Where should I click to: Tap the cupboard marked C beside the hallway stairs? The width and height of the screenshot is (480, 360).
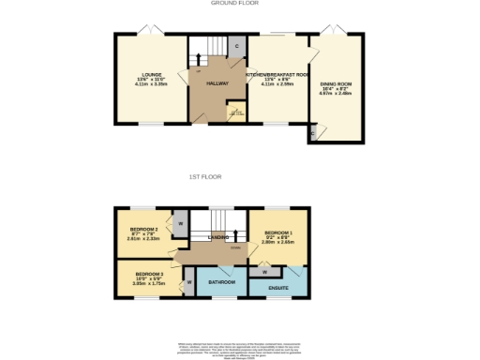click(x=236, y=46)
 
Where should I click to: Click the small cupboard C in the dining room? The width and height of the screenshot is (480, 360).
click(x=312, y=133)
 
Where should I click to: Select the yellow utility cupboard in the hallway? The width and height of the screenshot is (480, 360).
click(x=236, y=113)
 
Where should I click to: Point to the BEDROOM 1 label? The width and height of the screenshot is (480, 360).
click(x=278, y=232)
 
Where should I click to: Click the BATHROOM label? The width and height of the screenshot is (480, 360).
click(x=221, y=281)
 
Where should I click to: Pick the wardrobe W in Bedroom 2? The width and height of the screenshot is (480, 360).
click(x=179, y=224)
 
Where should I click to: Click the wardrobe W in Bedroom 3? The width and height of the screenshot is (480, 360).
click(x=188, y=280)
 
